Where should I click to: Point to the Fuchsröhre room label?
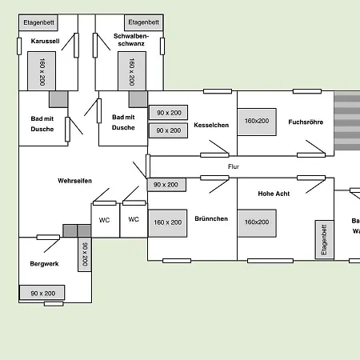[x=303, y=122]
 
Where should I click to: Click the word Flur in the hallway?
[x=234, y=166]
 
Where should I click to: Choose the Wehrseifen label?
[x=74, y=181]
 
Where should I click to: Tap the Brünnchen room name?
[x=211, y=218]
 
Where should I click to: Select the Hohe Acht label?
[x=274, y=194]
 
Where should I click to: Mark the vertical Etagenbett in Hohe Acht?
[x=324, y=239]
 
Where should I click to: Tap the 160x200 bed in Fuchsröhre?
[x=257, y=122]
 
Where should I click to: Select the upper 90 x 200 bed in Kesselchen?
[x=168, y=114]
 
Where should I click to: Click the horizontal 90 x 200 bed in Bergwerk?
[x=42, y=294]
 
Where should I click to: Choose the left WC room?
[x=105, y=219]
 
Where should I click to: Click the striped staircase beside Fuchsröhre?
[x=346, y=122]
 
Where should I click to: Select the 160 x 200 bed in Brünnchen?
[x=168, y=222]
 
